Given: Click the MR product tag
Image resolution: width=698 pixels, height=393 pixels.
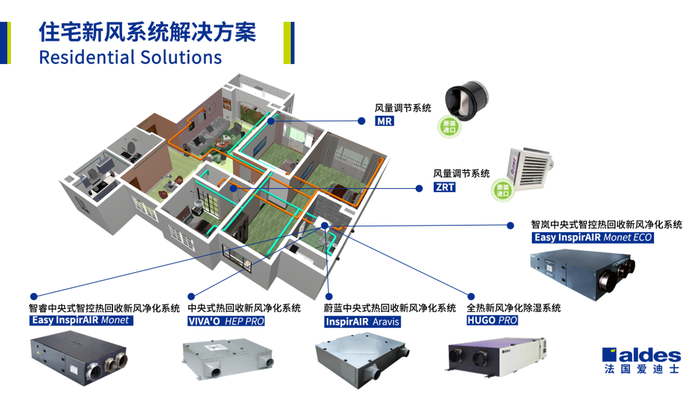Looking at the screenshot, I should (385, 121).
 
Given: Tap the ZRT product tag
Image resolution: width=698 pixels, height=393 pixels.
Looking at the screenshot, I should (445, 187).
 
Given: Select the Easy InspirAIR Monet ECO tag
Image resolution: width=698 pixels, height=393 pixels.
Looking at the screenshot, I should (593, 238).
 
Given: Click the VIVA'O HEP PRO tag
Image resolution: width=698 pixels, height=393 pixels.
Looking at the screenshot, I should (226, 321).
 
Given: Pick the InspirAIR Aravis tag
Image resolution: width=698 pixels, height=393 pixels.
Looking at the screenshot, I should (363, 321).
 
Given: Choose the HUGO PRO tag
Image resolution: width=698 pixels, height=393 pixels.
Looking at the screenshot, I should (492, 321).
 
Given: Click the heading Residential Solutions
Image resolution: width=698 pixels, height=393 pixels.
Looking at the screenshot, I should (131, 57).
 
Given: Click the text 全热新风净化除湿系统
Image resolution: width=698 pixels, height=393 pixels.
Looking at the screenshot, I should (514, 308).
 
